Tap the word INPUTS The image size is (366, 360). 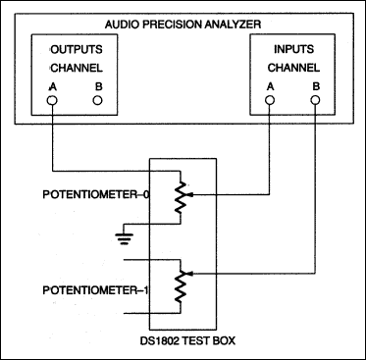pyautogui.click(x=290, y=49)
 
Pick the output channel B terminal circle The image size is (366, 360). pyautogui.click(x=96, y=101)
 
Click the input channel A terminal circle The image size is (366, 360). pyautogui.click(x=269, y=101)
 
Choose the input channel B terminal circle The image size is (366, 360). pyautogui.click(x=314, y=101)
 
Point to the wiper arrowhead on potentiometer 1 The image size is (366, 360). pyautogui.click(x=189, y=274)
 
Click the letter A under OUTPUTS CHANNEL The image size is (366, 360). pyautogui.click(x=51, y=85)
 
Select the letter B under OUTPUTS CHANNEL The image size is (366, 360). pyautogui.click(x=96, y=85)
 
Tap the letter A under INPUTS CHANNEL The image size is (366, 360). pyautogui.click(x=269, y=85)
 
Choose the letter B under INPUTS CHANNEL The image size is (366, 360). pyautogui.click(x=314, y=85)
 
